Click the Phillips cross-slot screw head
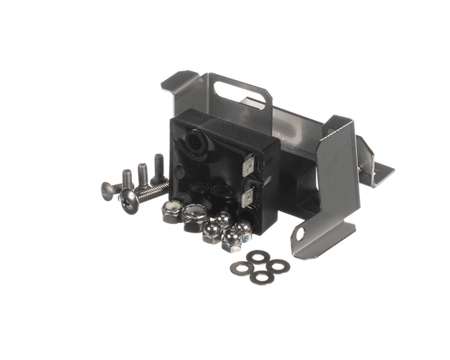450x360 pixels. (128, 199)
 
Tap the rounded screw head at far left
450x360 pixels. (107, 189)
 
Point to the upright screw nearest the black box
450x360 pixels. (159, 169)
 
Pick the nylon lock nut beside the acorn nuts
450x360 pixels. (193, 217)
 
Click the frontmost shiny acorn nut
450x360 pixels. (230, 239)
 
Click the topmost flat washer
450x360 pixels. (260, 256)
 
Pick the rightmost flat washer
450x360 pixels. (279, 265)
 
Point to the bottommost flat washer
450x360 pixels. (262, 277)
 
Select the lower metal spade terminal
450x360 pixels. (250, 196)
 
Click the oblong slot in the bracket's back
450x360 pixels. (241, 93)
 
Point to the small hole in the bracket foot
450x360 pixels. (300, 235)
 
